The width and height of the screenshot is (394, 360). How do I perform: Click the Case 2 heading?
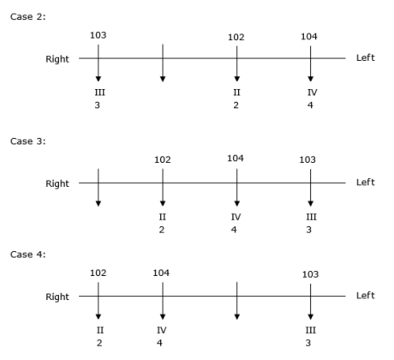(x=27, y=16)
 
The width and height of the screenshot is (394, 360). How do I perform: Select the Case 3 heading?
(x=27, y=141)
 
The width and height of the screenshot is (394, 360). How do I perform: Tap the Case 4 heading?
(x=27, y=255)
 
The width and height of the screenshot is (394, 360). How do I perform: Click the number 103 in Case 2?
(x=98, y=35)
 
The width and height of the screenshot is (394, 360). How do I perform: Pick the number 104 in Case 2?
(x=309, y=37)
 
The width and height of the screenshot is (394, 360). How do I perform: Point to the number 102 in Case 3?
(x=163, y=159)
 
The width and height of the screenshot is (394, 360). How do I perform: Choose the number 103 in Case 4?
(x=310, y=274)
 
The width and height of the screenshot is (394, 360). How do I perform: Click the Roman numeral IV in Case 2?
(x=313, y=93)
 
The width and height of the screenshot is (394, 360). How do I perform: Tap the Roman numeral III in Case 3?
(x=311, y=217)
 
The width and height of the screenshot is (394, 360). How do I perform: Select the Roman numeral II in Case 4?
(x=100, y=330)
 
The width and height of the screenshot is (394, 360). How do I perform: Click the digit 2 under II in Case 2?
(x=236, y=105)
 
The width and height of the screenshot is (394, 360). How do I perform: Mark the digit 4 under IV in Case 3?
(x=234, y=230)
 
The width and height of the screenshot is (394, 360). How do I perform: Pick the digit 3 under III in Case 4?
(x=308, y=343)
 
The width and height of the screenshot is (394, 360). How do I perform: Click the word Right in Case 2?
(x=57, y=59)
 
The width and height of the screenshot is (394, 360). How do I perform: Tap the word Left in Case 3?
(x=366, y=182)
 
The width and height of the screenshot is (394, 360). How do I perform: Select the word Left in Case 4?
(x=366, y=295)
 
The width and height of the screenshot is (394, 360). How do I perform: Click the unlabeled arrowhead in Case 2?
(x=163, y=79)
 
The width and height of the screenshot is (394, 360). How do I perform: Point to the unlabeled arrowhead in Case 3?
(x=98, y=203)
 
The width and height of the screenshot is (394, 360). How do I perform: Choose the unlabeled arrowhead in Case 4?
(x=236, y=316)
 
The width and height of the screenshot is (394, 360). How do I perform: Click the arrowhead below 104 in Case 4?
(x=163, y=316)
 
